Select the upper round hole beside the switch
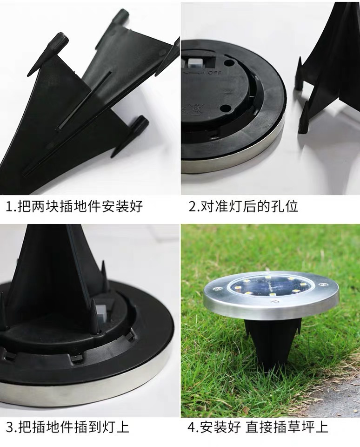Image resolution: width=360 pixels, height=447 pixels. point(229,61)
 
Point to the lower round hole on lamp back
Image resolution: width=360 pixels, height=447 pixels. point(227,108)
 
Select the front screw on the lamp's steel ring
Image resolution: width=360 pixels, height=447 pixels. point(275,302)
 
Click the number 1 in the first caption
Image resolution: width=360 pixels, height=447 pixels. point(9,206)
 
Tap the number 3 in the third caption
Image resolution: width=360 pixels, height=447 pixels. point(9,427)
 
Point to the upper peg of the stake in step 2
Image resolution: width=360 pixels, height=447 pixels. point(299,74)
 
